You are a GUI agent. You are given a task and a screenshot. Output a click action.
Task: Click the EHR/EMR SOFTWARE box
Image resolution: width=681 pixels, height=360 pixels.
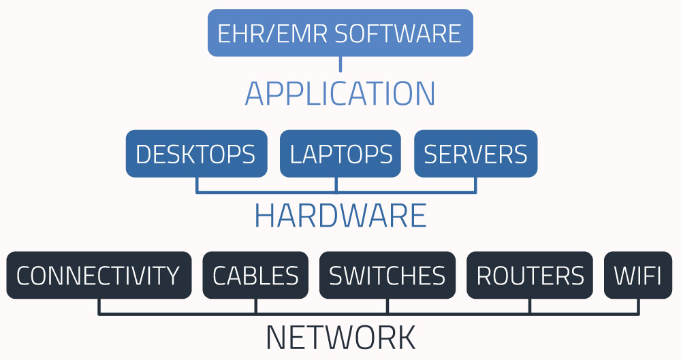[x=340, y=33]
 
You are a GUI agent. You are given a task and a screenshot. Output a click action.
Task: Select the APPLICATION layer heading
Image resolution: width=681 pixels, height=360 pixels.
[x=340, y=94]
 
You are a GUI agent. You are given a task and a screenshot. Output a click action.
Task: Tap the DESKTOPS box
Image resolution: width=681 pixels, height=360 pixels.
[x=196, y=154]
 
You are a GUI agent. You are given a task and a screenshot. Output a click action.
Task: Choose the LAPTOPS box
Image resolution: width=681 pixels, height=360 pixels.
[x=340, y=154]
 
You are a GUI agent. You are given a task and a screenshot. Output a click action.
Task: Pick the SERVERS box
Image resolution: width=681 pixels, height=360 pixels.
[x=475, y=154]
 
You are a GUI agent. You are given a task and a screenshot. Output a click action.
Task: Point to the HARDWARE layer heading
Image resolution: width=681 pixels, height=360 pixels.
[x=340, y=216]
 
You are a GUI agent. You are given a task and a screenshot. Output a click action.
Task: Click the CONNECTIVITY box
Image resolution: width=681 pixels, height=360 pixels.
[x=99, y=276]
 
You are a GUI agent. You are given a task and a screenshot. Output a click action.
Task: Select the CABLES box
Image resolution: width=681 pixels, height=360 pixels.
[x=255, y=276]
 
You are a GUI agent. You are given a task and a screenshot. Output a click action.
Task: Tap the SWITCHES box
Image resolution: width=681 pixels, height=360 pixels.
[x=387, y=276]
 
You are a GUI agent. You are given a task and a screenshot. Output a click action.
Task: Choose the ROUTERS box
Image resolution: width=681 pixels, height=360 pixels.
[x=530, y=276]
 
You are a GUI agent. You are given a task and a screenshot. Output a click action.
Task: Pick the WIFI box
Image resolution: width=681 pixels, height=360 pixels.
[x=638, y=276]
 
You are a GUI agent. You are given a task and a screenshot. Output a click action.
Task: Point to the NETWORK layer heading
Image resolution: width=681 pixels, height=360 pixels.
[x=340, y=338]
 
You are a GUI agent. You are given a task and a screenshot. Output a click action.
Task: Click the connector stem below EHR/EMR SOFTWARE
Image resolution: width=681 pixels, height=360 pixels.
[x=340, y=64]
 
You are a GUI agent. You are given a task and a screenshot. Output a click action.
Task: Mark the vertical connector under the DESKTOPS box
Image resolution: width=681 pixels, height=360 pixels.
[x=197, y=184]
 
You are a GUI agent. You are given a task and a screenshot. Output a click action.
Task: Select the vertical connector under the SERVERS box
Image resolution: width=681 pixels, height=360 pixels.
[x=475, y=184]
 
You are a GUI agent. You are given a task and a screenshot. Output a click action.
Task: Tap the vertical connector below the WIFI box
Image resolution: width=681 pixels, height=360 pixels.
[x=638, y=306]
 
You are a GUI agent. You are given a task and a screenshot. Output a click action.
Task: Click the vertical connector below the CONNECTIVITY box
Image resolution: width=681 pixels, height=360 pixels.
[x=99, y=306]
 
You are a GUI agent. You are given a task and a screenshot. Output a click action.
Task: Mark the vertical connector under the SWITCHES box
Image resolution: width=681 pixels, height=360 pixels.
[x=387, y=306]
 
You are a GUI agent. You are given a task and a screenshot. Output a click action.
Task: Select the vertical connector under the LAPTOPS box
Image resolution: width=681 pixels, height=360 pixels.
[x=336, y=184]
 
